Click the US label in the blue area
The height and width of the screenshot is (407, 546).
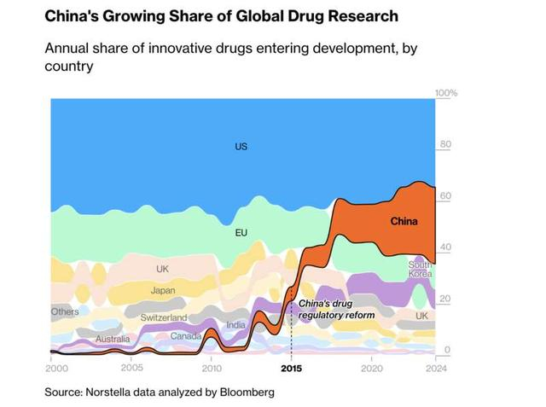[241, 147]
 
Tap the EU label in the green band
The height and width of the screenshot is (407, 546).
[241, 232]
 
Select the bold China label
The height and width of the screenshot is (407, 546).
[404, 222]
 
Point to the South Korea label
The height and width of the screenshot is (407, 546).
[420, 270]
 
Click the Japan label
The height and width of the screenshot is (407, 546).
[163, 291]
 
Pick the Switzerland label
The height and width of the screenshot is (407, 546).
[163, 317]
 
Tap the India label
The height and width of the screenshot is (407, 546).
[235, 325]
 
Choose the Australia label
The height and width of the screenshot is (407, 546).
[113, 340]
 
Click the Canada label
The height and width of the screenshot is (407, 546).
[186, 336]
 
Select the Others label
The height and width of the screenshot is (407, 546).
[65, 312]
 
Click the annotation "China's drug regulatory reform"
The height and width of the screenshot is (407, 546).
[336, 310]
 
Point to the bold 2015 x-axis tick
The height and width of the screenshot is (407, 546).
[292, 369]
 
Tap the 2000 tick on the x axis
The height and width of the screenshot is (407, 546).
[55, 369]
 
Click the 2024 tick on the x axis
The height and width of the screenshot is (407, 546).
[435, 369]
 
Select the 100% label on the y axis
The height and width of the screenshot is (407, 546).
[446, 93]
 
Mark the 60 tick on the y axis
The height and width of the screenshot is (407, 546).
[445, 196]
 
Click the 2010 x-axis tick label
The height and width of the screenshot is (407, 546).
[211, 369]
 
